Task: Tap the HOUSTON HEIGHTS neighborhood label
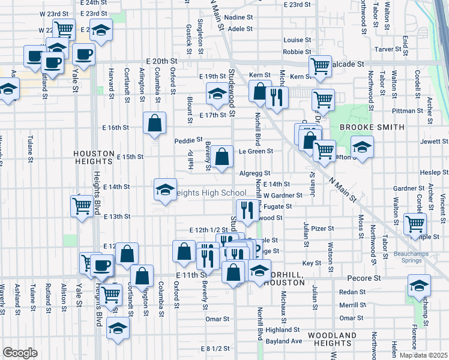[93, 157]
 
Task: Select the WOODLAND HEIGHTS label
[328, 338]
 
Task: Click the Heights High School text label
[209, 193]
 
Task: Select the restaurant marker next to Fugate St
[247, 209]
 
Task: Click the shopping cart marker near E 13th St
[81, 206]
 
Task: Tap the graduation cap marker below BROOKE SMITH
[362, 147]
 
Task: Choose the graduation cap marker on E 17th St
[217, 93]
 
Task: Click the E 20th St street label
[161, 61]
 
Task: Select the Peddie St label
[188, 140]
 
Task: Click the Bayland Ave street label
[284, 341]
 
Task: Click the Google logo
[20, 352]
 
